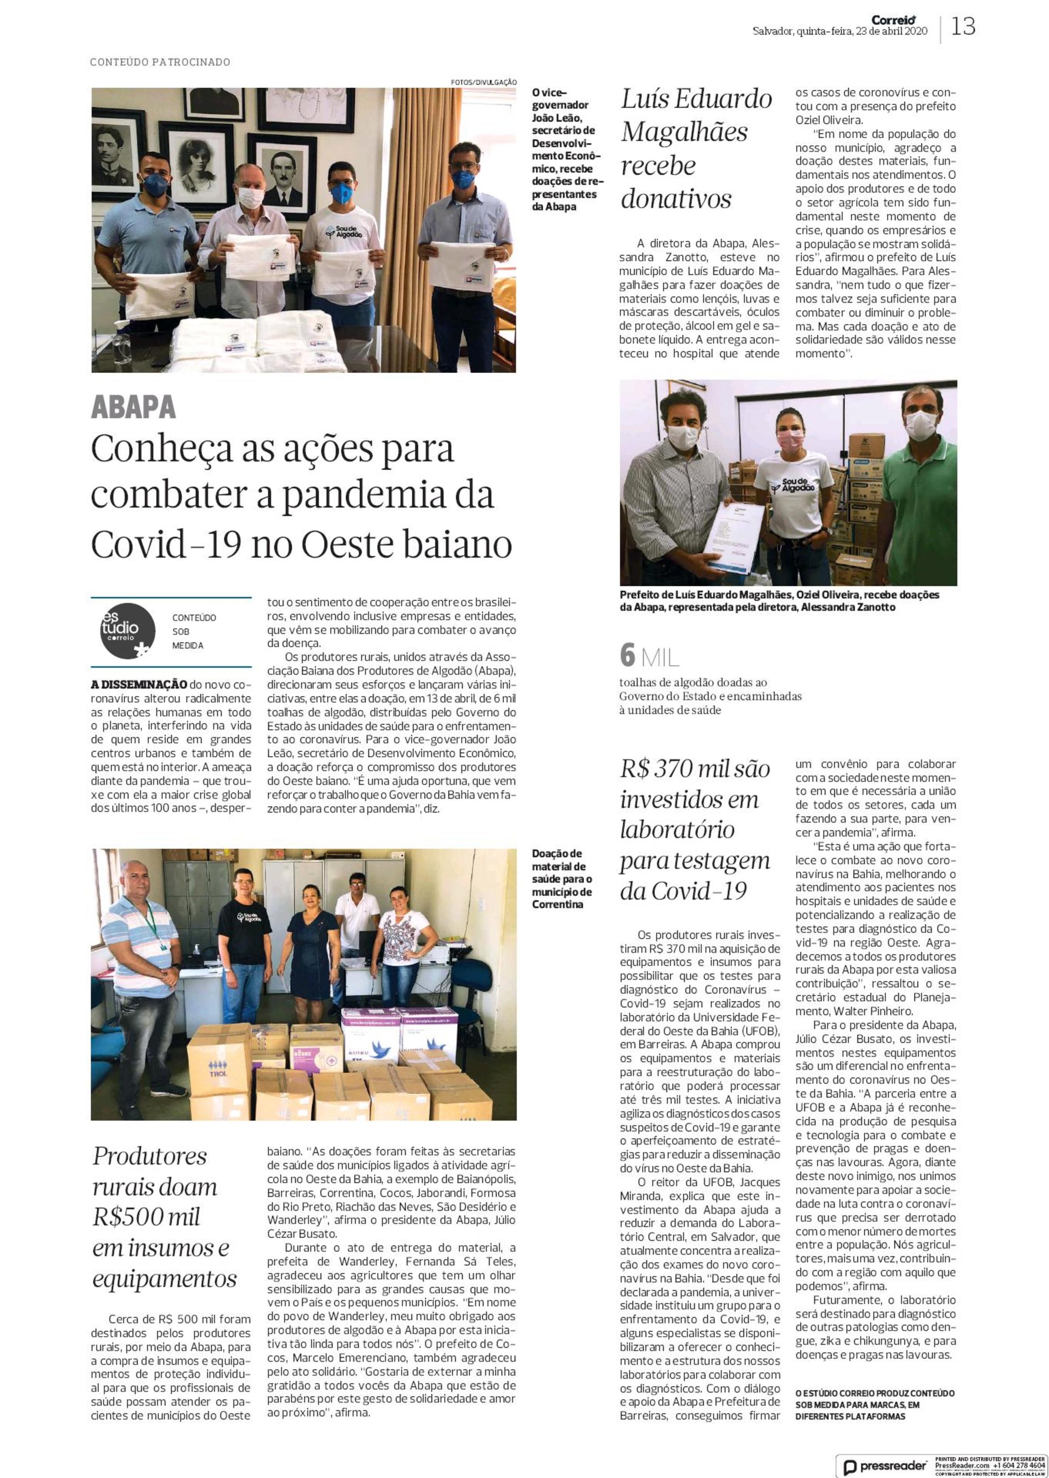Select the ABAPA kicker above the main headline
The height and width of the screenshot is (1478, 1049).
pos(133,407)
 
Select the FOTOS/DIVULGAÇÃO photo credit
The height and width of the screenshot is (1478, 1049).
pos(483,82)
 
